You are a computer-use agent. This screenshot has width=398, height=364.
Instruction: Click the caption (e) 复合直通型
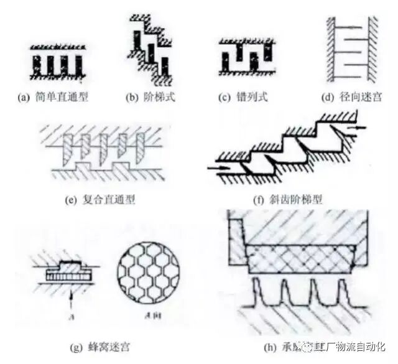[99, 200]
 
